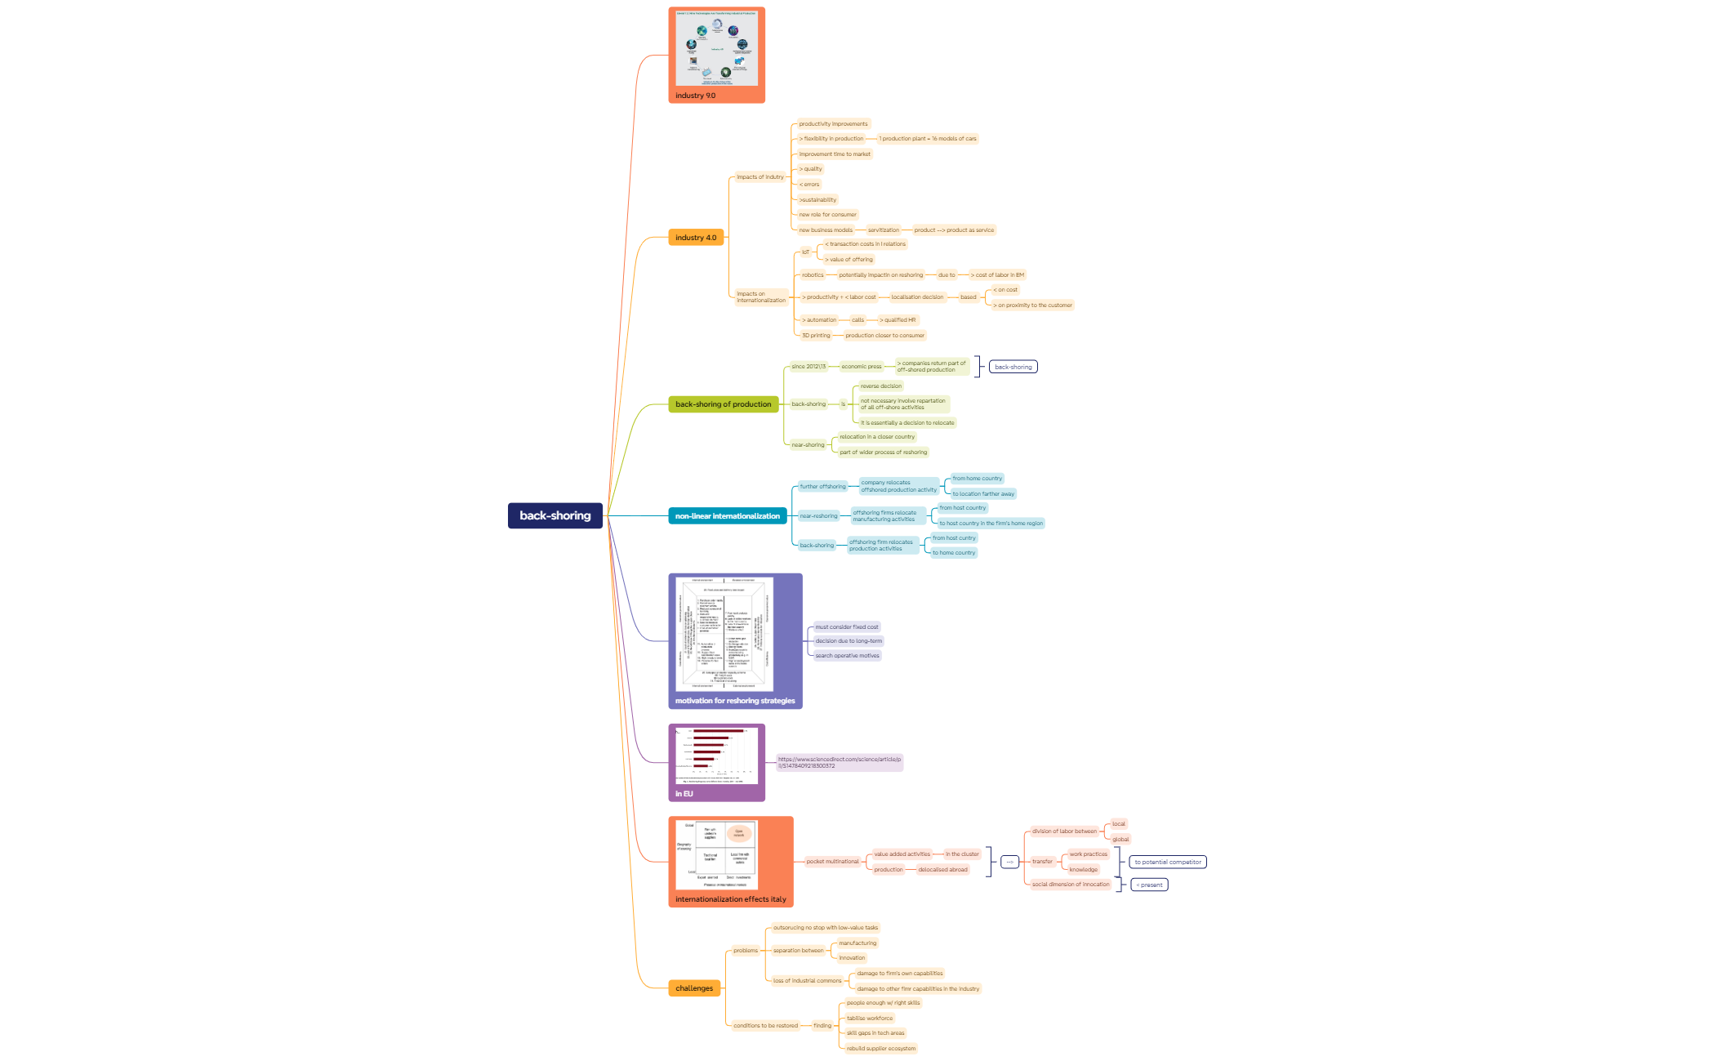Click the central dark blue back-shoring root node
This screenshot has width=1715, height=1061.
555,515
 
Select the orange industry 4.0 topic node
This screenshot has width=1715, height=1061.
695,238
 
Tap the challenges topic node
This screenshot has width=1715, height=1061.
693,988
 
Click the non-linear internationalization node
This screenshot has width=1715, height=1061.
727,516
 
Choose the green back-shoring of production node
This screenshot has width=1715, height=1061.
723,404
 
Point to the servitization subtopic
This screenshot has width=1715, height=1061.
883,230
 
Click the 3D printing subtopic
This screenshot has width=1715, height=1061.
815,336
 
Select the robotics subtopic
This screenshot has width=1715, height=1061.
813,275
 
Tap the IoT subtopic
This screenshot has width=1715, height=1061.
805,252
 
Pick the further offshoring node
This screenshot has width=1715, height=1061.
822,487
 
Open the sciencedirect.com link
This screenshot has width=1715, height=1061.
839,762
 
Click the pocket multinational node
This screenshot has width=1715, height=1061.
832,862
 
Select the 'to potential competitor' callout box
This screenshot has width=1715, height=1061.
1167,863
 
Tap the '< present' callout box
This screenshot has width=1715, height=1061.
1148,885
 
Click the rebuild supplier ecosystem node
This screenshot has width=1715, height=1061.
880,1049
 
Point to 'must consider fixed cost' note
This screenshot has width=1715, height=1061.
846,627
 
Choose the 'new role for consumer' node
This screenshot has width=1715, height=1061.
827,215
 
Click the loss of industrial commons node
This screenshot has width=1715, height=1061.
807,981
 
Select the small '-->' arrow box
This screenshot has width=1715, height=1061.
1009,862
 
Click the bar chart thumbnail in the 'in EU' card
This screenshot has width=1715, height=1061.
716,756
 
